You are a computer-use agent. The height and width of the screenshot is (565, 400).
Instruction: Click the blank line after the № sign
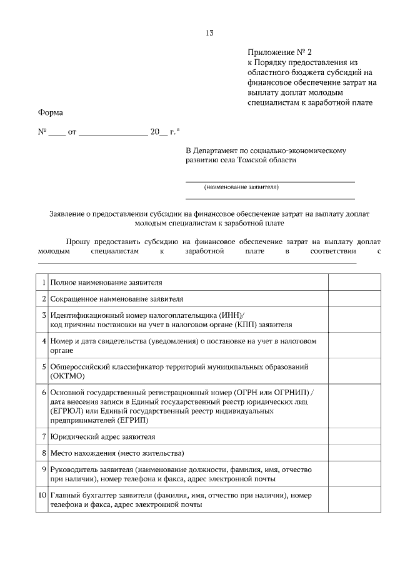coord(56,134)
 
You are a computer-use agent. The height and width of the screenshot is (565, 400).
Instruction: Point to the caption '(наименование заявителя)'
coord(241,187)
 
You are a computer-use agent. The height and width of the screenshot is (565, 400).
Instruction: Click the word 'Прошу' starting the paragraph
coord(78,241)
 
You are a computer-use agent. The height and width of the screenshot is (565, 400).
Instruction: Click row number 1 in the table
coord(44,283)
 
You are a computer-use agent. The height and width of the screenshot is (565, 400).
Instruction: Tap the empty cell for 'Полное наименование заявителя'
coord(354,283)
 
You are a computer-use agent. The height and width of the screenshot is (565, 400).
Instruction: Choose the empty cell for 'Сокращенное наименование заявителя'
coord(354,299)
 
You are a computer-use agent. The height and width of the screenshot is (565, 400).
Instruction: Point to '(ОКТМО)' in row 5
coord(67,376)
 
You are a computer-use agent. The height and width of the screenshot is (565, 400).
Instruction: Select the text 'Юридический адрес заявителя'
coord(103,437)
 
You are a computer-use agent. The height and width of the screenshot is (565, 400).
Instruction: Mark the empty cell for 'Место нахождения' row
coord(354,453)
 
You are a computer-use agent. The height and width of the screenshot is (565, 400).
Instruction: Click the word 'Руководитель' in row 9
coord(76,469)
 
